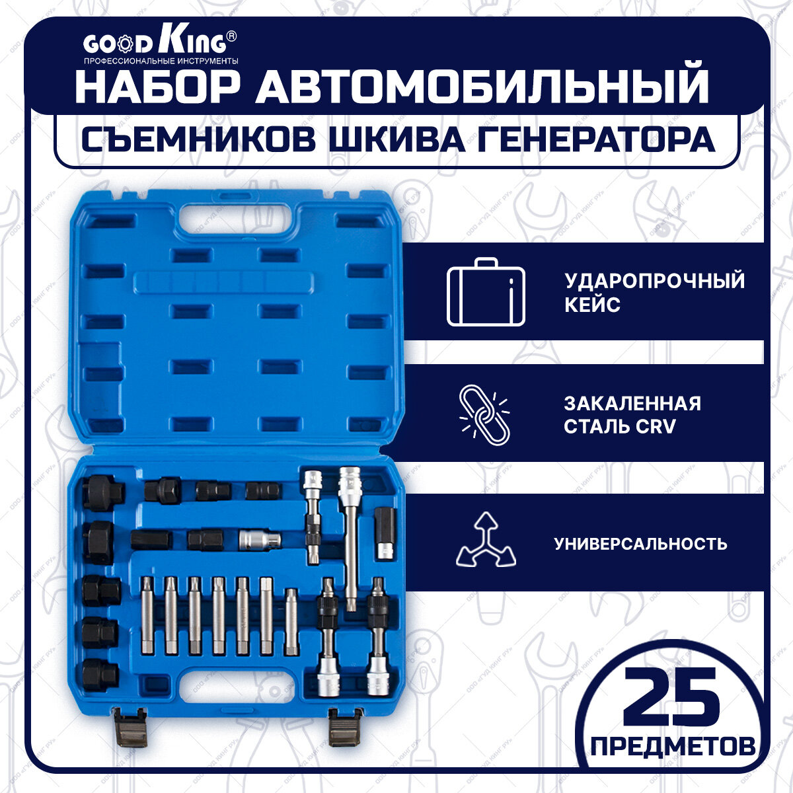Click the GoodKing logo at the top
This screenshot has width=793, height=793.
pyautogui.click(x=159, y=45)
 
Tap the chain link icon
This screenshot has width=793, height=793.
pyautogui.click(x=484, y=416)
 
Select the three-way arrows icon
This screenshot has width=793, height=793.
pyautogui.click(x=486, y=541)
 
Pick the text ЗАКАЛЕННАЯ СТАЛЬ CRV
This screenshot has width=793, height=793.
pyautogui.click(x=631, y=415)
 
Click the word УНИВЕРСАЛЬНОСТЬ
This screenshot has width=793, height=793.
pyautogui.click(x=640, y=544)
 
